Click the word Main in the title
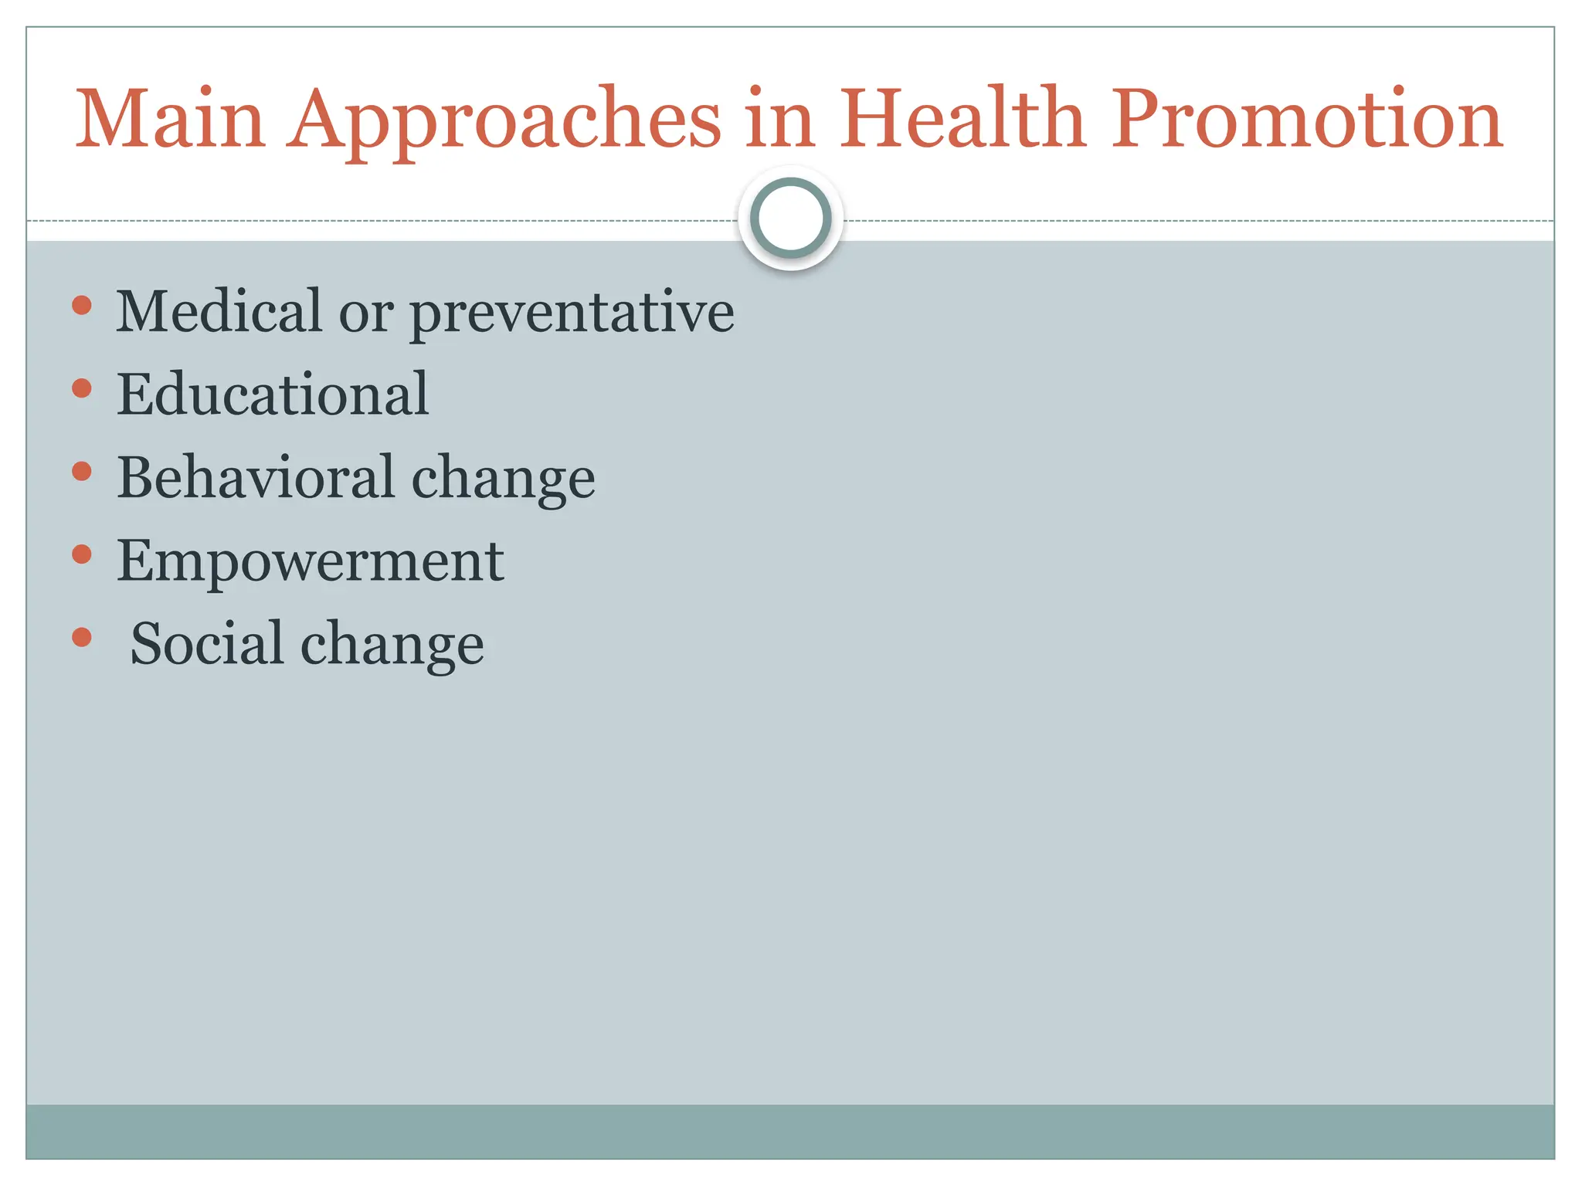coord(170,120)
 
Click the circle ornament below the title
coord(790,218)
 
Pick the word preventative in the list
coord(572,315)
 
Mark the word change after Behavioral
coord(503,481)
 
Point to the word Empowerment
coord(310,562)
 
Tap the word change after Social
coord(392,647)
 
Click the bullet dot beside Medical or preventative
coord(82,305)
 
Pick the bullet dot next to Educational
coord(82,388)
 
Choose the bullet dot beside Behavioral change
coord(82,471)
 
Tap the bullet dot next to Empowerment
coord(82,554)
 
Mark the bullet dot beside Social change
coord(82,637)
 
